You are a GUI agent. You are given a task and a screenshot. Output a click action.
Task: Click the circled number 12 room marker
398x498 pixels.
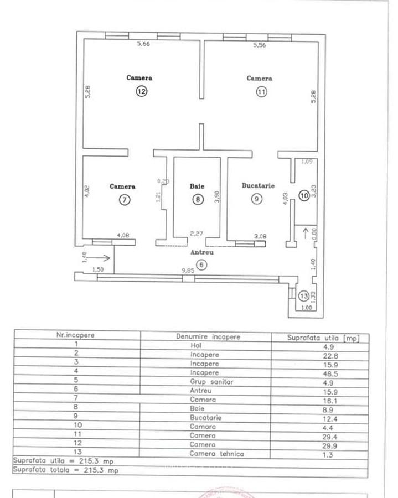point(142,92)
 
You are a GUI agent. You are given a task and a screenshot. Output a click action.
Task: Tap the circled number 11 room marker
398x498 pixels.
point(261,92)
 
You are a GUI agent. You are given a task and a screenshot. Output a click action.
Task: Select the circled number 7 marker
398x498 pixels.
point(125,200)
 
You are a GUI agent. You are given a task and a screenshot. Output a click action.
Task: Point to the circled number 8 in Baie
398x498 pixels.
point(198,200)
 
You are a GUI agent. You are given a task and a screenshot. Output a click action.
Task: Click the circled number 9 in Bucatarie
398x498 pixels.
point(256,199)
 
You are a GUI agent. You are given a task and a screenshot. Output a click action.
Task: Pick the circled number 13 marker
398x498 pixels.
point(303,296)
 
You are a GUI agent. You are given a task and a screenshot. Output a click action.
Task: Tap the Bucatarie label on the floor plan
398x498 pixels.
point(258,186)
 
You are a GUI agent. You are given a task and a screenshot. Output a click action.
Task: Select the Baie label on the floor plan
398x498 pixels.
point(197,186)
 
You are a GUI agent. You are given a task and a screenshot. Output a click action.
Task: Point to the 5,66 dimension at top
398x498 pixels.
point(143,45)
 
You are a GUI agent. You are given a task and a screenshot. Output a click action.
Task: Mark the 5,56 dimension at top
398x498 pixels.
point(259,45)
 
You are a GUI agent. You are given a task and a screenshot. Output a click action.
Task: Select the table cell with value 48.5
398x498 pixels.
point(320,373)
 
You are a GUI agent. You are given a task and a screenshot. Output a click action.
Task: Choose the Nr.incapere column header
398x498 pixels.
point(76,335)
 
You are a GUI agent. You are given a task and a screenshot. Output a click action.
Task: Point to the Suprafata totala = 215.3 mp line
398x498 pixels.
point(66,470)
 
